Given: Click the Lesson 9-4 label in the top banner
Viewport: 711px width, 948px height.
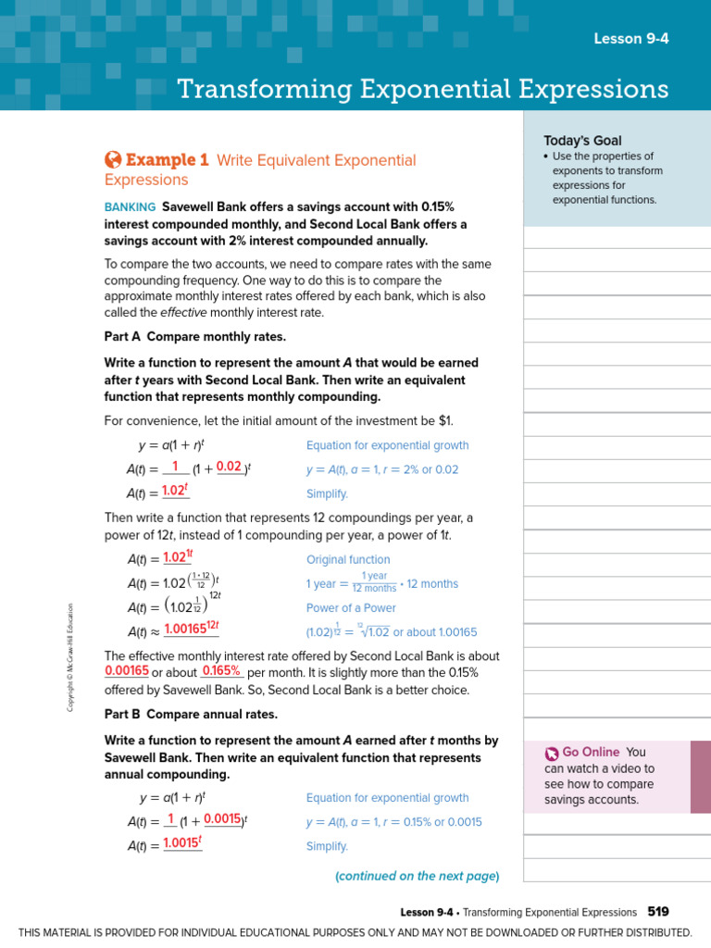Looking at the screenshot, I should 630,38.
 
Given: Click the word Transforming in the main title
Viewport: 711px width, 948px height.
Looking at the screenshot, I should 260,89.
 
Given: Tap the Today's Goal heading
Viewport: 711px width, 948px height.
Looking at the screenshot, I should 582,140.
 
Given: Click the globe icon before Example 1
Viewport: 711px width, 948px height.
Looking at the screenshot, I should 113,159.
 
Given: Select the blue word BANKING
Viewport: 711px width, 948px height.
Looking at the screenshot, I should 130,206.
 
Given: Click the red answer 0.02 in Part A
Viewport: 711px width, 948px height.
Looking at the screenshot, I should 229,468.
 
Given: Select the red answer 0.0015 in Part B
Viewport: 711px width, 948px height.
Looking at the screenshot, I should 222,818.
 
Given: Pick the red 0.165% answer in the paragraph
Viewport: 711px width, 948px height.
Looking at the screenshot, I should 221,670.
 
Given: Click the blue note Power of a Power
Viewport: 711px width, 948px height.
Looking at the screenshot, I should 351,608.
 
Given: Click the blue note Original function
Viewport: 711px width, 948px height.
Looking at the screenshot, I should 348,560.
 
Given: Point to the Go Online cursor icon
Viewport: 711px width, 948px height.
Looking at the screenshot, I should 552,754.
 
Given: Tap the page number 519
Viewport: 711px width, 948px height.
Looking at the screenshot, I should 658,912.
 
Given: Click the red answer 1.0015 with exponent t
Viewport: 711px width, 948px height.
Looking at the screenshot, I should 181,843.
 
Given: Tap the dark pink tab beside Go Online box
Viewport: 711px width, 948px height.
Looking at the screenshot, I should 701,777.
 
